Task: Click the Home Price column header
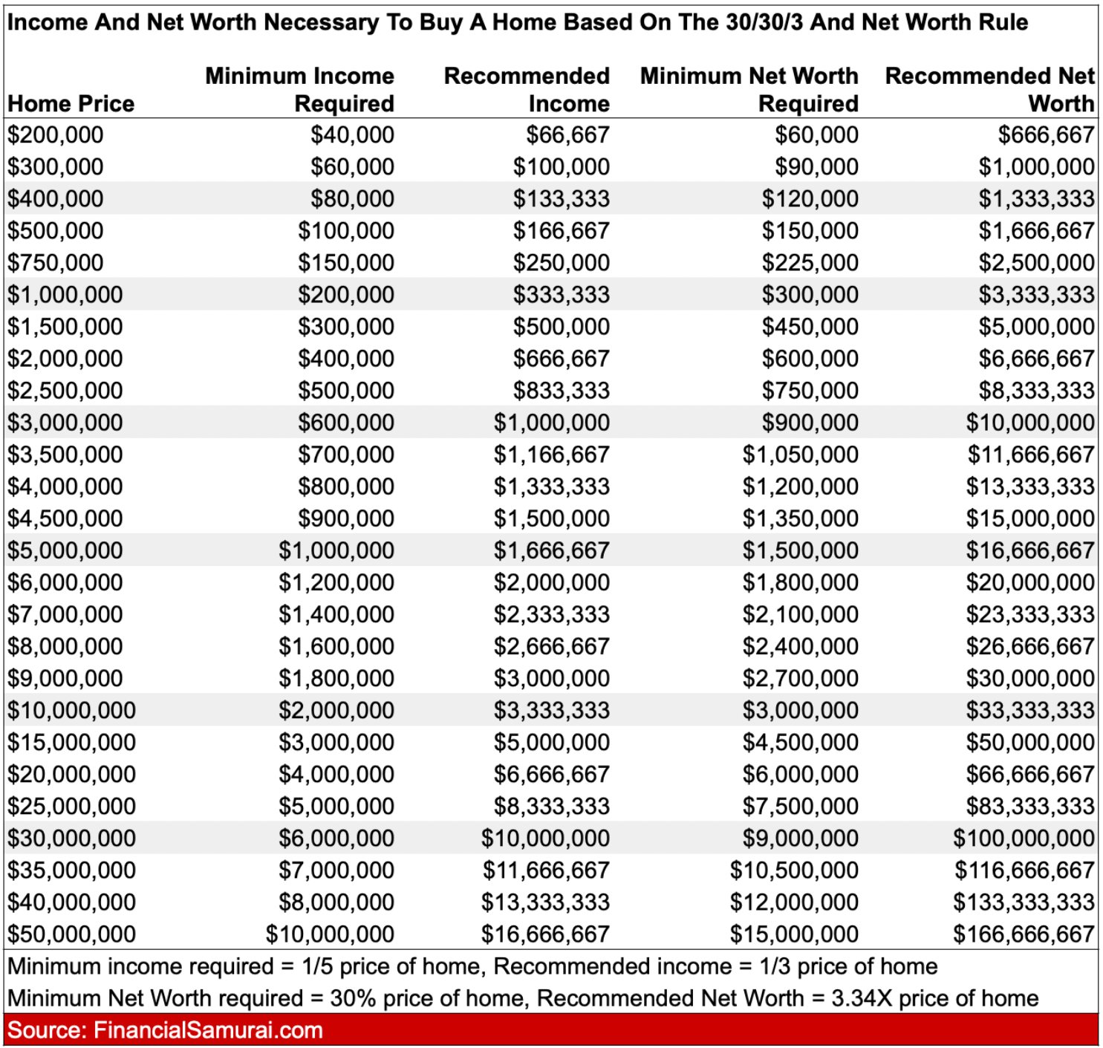71,103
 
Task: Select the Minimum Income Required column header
299,89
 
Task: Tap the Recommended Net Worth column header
989,89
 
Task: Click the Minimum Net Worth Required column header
749,89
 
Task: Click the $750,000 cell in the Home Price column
56,262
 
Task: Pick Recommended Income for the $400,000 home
561,198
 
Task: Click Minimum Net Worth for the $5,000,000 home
800,550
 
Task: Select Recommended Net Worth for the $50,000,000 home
1024,934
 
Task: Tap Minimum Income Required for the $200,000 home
352,134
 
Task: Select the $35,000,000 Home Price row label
72,870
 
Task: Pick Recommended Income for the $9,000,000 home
551,678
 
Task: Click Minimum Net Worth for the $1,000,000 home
810,294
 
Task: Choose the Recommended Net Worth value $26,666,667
1029,646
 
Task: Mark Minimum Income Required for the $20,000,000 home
336,774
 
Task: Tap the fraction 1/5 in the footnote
317,966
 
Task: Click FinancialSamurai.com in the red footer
208,1030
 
